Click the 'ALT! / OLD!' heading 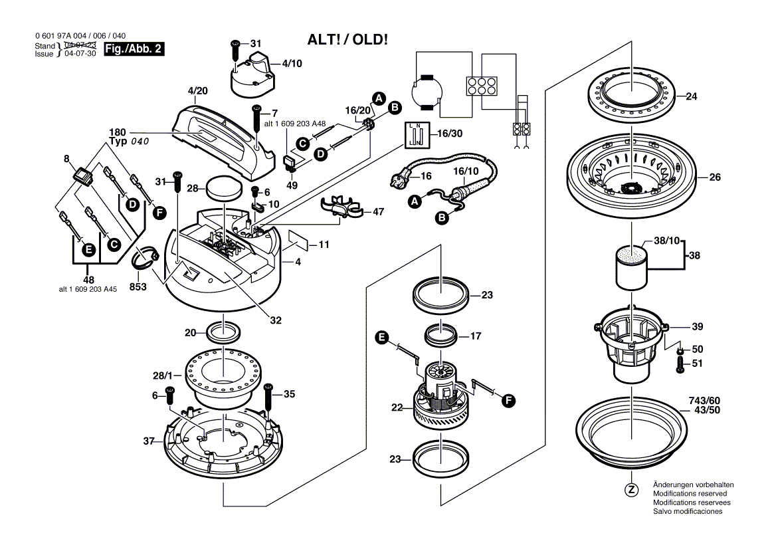pyautogui.click(x=347, y=39)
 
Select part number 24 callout pyautogui.click(x=691, y=96)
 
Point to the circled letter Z pyautogui.click(x=631, y=491)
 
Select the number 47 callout pyautogui.click(x=377, y=212)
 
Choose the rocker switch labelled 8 pyautogui.click(x=82, y=176)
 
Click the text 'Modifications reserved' pyautogui.click(x=690, y=494)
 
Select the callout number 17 pyautogui.click(x=475, y=336)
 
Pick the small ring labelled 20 pyautogui.click(x=223, y=330)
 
